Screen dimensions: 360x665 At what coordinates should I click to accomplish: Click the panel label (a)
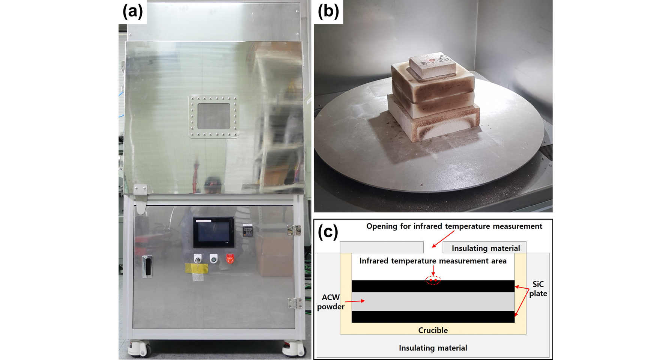coord(133,11)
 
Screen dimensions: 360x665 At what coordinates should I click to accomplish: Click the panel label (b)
coord(328,11)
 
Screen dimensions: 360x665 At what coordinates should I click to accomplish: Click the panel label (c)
coord(328,232)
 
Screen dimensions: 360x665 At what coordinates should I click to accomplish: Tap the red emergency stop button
coord(230,259)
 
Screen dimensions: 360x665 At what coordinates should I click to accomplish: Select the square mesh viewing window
coord(214,116)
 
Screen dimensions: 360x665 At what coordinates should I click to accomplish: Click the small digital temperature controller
coord(248,230)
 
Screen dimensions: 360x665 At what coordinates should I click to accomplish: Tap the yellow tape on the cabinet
coord(196,268)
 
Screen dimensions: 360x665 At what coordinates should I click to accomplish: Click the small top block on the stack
coord(433,65)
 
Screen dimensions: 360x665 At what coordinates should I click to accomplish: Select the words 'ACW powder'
coord(331,302)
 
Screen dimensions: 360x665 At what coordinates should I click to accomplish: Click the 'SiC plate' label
coord(538,289)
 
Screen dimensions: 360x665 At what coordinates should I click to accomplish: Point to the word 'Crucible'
coord(433,330)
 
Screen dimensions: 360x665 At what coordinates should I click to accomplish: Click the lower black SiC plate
coord(433,317)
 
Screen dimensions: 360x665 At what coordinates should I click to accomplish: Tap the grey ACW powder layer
coord(433,302)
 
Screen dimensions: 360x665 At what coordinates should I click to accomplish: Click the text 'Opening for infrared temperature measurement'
coord(454,226)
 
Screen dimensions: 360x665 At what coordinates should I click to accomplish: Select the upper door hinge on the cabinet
coord(293,230)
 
